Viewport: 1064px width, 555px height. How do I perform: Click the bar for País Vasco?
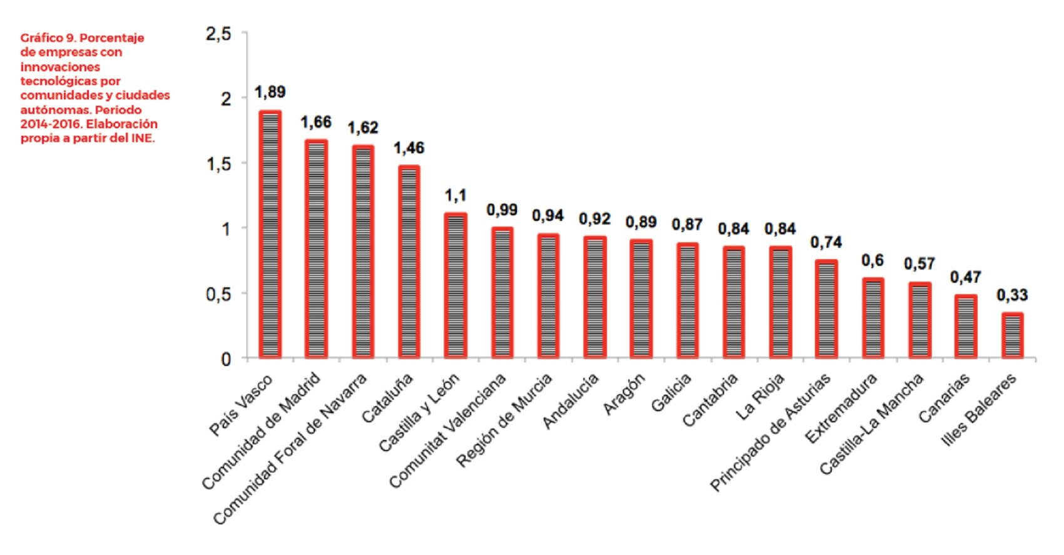[x=270, y=235]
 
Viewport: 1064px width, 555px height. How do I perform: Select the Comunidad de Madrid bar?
[x=316, y=249]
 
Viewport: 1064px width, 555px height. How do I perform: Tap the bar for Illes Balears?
[x=1012, y=335]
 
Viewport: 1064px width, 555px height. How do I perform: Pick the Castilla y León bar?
[x=455, y=285]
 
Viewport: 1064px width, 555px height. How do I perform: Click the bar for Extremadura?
[x=873, y=318]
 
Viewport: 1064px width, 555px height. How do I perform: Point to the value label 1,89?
[x=270, y=92]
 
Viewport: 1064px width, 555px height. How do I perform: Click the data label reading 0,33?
[x=1012, y=295]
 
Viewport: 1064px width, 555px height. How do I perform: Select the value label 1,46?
[x=409, y=148]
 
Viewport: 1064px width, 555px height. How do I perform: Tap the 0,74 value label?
[x=826, y=242]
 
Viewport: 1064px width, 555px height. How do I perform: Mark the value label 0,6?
[x=872, y=260]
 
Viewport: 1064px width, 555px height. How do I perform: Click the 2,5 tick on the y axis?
[x=218, y=34]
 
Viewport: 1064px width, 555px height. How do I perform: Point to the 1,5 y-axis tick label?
[x=218, y=164]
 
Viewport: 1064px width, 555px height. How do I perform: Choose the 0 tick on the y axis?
[x=226, y=359]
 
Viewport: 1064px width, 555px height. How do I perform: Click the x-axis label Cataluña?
[x=389, y=398]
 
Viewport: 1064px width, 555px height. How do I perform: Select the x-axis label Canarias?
[x=945, y=397]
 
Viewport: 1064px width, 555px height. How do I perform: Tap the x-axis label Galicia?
[x=672, y=392]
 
